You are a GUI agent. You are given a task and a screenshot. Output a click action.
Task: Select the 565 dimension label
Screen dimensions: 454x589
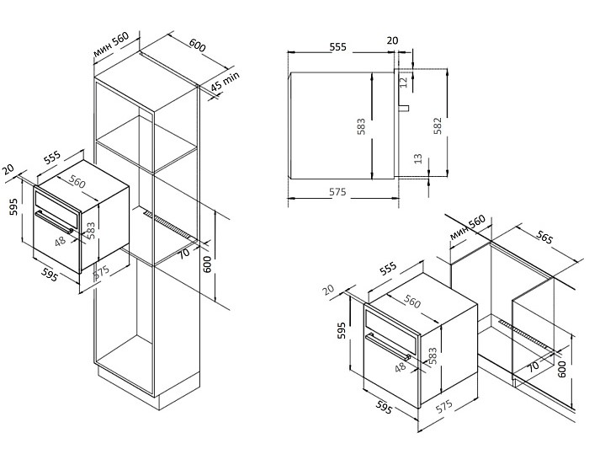544,239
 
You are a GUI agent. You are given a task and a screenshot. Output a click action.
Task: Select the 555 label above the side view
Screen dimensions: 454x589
338,47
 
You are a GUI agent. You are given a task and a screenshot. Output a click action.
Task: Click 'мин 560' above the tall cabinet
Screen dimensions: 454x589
111,42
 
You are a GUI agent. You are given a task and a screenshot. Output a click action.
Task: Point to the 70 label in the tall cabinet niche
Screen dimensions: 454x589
185,253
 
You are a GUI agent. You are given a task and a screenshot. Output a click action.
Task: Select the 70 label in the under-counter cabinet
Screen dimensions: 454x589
532,366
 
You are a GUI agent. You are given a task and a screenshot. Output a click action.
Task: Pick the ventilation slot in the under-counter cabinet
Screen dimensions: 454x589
526,334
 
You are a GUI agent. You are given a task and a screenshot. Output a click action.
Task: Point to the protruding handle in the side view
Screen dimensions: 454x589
404,109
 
